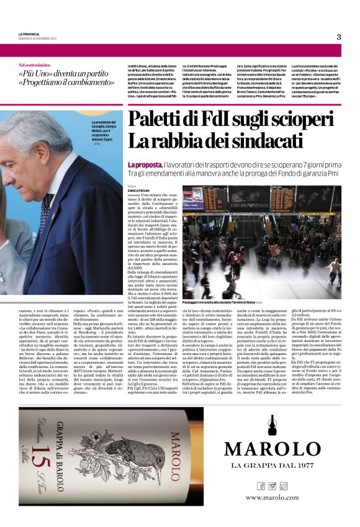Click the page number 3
(339, 37)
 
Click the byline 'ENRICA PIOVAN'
(139, 190)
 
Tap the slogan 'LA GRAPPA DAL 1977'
(273, 466)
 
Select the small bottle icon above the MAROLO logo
(273, 425)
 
